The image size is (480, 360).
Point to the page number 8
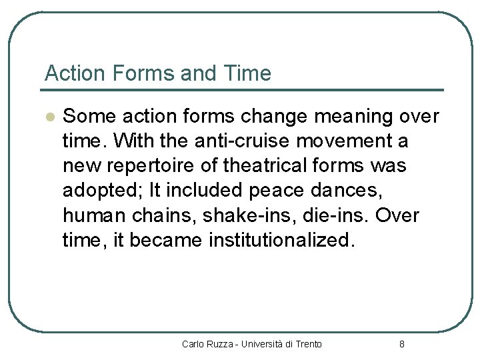[x=401, y=344]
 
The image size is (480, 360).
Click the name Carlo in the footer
[x=193, y=344]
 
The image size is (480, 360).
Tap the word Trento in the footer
[x=308, y=344]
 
